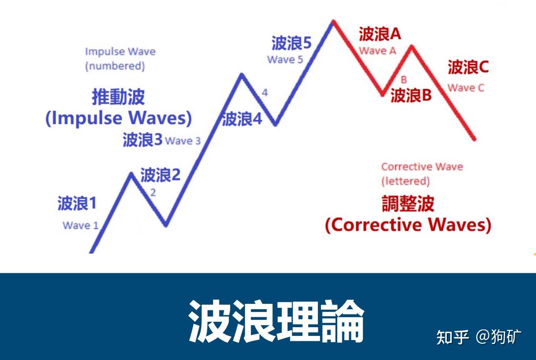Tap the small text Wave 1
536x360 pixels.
pos(80,225)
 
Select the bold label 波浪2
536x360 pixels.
pos(160,175)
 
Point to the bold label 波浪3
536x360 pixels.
pos(143,140)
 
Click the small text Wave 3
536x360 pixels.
pos(183,141)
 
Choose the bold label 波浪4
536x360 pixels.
pos(242,119)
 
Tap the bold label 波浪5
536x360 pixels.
pos(291,43)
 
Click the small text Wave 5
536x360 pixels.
pos(285,60)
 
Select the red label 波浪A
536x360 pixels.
pos(380,34)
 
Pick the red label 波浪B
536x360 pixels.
pos(411,95)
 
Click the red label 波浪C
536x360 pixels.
pos(468,67)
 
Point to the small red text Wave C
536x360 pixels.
pos(466,88)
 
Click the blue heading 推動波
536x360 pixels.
pos(118,97)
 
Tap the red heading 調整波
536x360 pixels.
pos(408,203)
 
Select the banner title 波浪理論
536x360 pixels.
pos(276,321)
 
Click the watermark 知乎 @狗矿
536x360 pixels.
pos(479,336)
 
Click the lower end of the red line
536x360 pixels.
pos(474,139)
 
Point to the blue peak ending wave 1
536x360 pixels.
pos(131,174)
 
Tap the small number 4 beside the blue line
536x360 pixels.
pos(264,92)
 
